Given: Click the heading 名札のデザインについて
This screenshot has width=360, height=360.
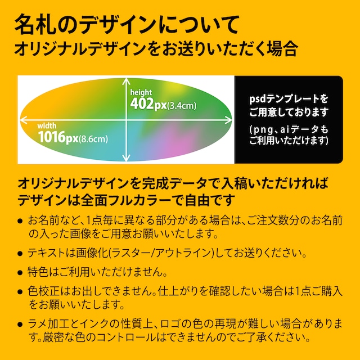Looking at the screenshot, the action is [127, 25].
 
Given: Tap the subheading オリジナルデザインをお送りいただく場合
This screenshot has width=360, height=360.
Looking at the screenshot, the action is [156, 48].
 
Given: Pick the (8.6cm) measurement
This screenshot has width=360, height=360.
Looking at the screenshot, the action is [93, 138].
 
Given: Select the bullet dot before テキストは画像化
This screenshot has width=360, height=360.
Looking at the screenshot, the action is [21, 253].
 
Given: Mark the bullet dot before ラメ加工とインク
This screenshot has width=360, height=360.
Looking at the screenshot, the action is [21, 326].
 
